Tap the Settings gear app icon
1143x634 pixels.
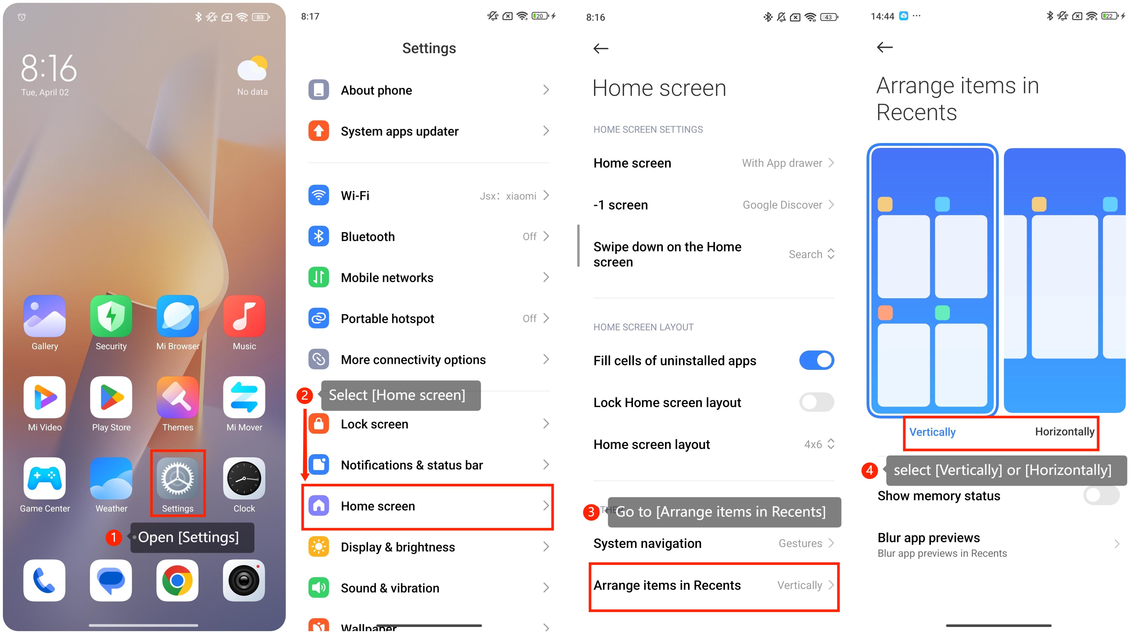point(178,479)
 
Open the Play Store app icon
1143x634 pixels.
point(111,397)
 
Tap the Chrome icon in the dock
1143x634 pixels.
point(178,580)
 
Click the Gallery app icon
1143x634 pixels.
point(45,316)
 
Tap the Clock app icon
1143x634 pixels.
point(244,479)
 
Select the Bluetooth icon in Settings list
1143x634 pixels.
point(318,236)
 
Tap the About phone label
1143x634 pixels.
point(376,91)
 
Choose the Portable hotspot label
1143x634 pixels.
point(387,319)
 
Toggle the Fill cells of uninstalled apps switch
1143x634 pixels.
point(816,360)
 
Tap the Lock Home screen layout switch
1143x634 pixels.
point(816,402)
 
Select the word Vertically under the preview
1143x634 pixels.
point(932,432)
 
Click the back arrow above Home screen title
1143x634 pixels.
point(601,48)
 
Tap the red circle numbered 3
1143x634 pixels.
point(591,512)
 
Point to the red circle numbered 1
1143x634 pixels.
point(114,537)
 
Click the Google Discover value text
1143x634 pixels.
point(782,205)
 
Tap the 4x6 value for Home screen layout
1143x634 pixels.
point(813,444)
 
